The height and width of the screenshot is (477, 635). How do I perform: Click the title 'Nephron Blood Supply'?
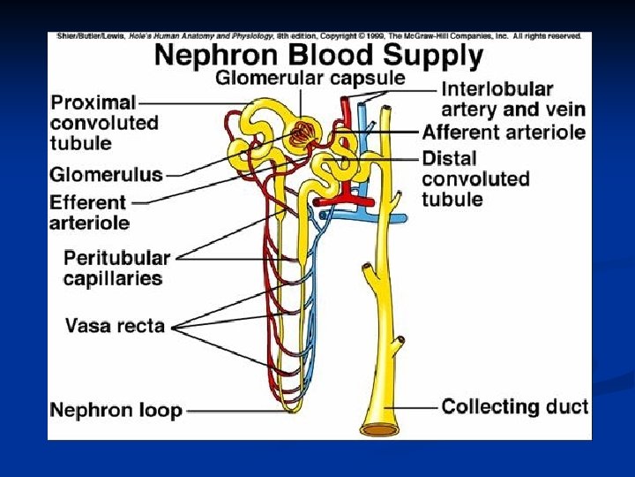[318, 56]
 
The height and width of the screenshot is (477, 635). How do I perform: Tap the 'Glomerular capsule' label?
[310, 78]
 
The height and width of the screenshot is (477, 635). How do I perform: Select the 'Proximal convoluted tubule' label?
[104, 123]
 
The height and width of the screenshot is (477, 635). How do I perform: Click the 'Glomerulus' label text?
[107, 174]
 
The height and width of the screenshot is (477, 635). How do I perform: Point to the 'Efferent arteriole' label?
[89, 212]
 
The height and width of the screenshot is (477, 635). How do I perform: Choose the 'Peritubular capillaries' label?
[116, 268]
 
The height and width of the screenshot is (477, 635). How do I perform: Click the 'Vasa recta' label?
[115, 325]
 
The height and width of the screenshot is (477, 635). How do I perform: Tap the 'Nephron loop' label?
[116, 410]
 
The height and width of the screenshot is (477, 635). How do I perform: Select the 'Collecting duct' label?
[515, 407]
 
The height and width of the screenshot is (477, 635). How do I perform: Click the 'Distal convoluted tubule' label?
[476, 179]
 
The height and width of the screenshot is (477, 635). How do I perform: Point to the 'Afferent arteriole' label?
[504, 132]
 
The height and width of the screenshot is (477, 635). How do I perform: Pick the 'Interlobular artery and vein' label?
[512, 99]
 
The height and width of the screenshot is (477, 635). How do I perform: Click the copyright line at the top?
[318, 36]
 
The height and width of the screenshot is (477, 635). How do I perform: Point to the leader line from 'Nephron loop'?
[229, 410]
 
